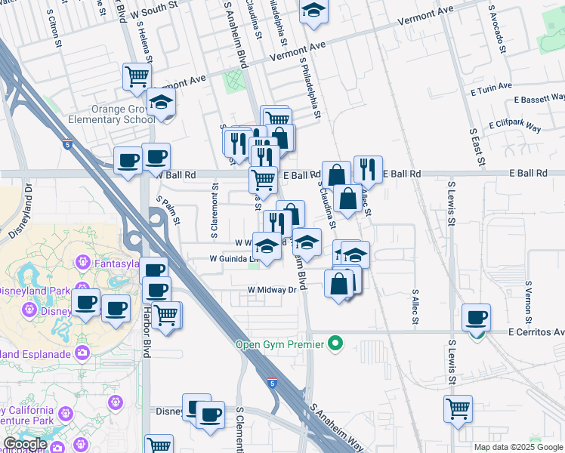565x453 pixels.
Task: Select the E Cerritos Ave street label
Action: click(536, 332)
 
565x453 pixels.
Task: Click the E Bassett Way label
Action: click(539, 99)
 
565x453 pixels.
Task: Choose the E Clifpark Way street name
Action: click(515, 125)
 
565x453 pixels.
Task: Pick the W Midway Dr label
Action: click(272, 290)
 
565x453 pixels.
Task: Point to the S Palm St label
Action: click(168, 211)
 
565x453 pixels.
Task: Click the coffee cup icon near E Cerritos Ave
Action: click(476, 317)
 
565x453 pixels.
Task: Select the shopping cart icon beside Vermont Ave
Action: click(137, 76)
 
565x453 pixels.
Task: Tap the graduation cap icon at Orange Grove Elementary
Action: click(160, 103)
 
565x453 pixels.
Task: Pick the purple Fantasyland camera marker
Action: click(83, 263)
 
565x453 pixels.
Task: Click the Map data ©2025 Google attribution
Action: click(518, 447)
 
